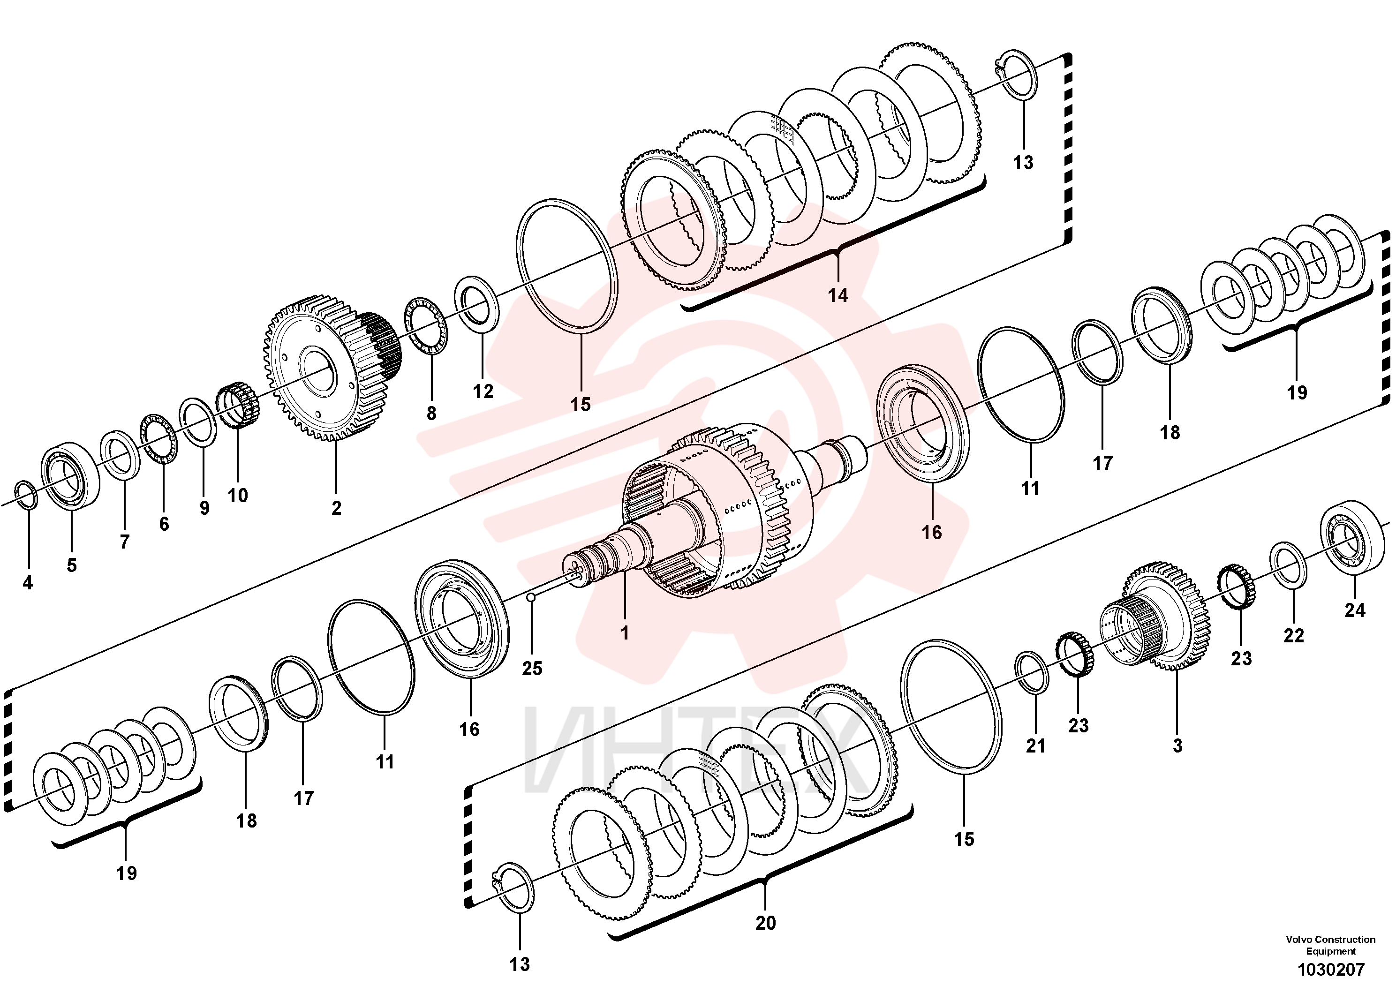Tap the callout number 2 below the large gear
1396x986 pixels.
coord(336,508)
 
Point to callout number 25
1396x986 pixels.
coord(532,668)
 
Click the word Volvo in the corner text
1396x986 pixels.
coord(1299,939)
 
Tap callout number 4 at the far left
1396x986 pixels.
coord(27,583)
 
